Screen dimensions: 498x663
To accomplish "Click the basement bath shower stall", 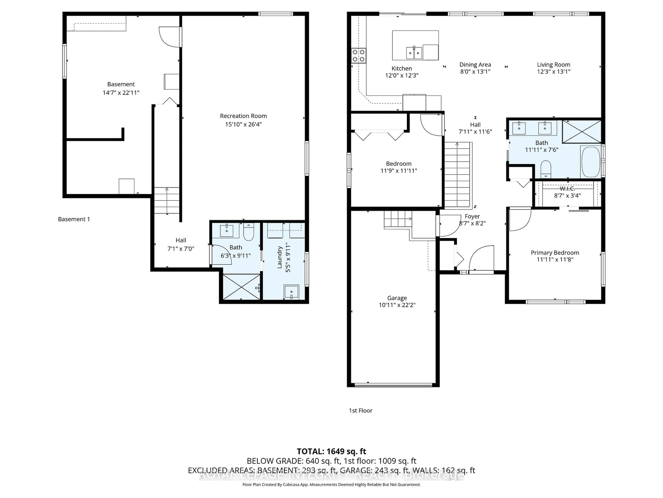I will (241, 287).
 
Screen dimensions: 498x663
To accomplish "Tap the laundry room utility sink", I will (291, 292).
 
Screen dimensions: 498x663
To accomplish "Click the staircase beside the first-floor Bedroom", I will (457, 176).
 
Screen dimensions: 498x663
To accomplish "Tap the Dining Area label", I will (475, 64).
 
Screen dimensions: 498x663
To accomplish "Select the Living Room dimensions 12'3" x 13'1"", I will (553, 71).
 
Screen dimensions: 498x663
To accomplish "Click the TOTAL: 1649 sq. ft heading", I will (331, 451).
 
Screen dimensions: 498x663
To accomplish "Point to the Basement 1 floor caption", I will (74, 219).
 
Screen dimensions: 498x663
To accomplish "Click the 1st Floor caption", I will (360, 410).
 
